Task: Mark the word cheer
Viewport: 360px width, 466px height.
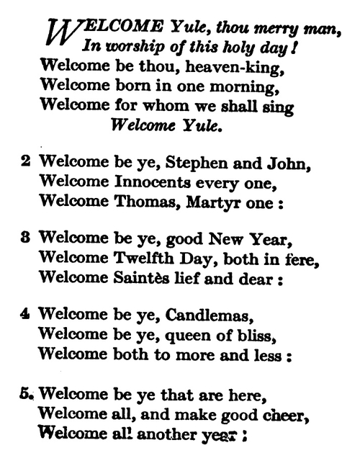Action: tap(274, 412)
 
